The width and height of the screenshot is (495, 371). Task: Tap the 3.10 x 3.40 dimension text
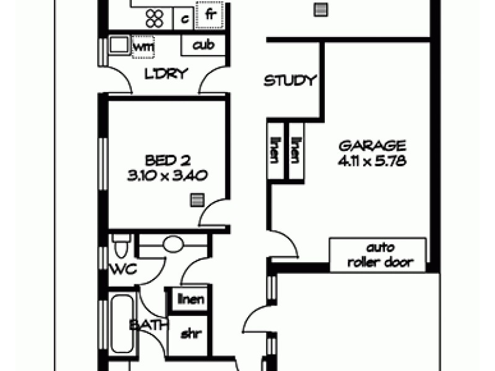click(x=166, y=176)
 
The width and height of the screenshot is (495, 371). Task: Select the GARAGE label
click(x=372, y=147)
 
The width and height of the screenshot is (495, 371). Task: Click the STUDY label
click(x=290, y=81)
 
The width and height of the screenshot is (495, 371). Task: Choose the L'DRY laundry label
click(x=165, y=75)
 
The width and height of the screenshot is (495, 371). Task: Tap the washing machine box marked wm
click(x=144, y=46)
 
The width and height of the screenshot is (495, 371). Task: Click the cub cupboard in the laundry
click(x=204, y=45)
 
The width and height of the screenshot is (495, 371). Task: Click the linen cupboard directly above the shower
click(x=191, y=300)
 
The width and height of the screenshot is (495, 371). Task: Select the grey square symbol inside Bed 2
click(x=196, y=199)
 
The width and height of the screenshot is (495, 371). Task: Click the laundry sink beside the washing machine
click(x=118, y=45)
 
